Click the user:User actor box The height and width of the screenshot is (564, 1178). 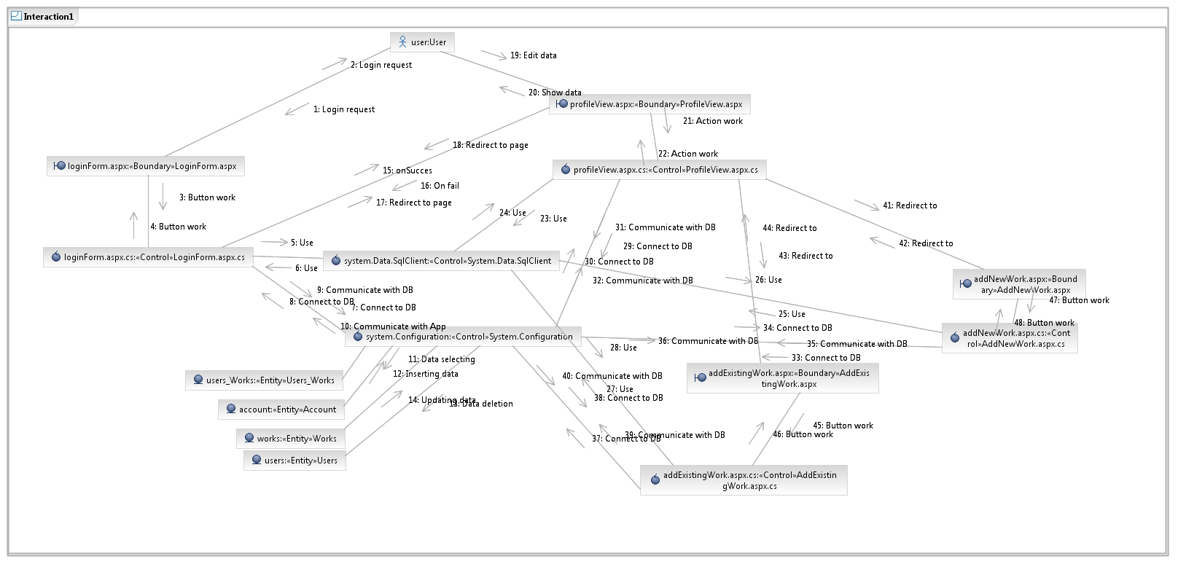point(422,42)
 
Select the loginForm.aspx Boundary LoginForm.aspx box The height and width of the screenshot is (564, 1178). point(146,166)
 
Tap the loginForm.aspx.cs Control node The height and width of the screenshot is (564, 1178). point(148,257)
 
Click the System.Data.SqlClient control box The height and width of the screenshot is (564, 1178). point(441,261)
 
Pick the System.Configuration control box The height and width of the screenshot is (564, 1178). point(463,337)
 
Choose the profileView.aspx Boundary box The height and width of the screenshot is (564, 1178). point(650,104)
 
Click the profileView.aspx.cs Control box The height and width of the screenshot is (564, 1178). point(659,170)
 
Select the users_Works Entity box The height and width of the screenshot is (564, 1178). point(264,380)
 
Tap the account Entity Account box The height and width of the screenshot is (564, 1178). point(281,410)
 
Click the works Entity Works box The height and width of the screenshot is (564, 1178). point(291,439)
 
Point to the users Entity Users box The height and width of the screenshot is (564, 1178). point(294,461)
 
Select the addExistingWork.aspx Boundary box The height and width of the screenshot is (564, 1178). point(782,378)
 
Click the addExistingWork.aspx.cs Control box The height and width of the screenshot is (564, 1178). point(744,480)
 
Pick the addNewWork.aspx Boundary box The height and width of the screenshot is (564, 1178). point(1019,284)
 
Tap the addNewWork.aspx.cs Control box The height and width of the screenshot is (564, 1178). point(1010,338)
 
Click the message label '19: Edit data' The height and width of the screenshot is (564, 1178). point(533,55)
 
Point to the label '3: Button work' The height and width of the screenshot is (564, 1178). point(207,197)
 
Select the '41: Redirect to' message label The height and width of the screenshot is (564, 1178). point(910,205)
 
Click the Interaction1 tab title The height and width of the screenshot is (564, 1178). point(48,17)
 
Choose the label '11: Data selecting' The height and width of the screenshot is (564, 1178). point(441,359)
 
